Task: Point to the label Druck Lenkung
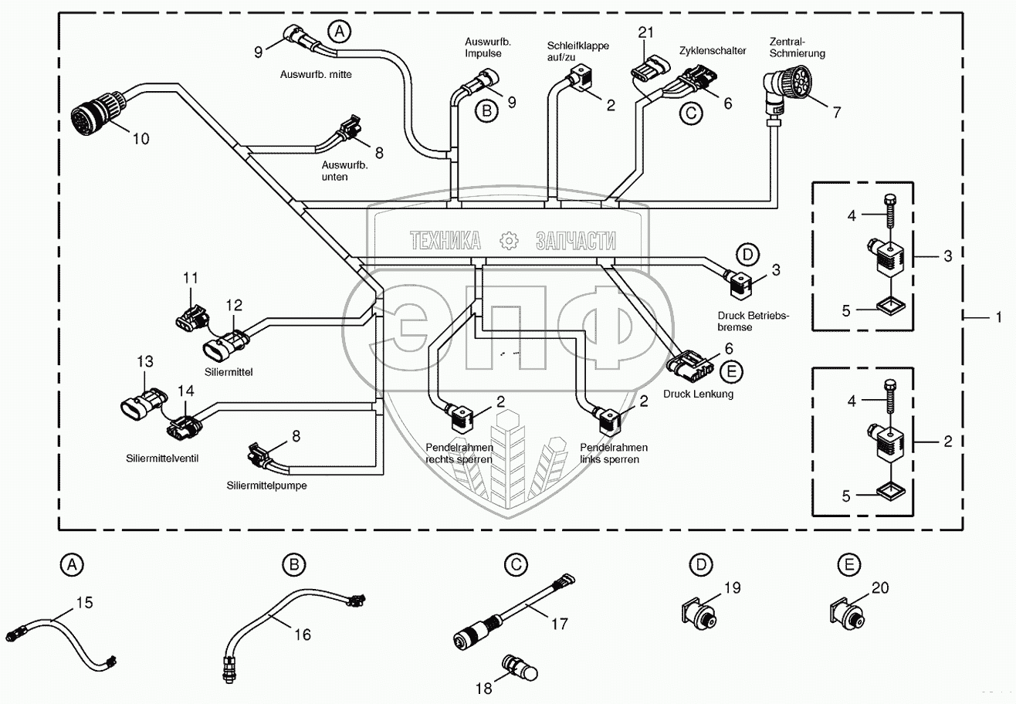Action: coord(698,394)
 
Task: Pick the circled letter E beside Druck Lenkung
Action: coord(730,371)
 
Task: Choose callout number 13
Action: coord(145,361)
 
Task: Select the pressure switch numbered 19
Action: coord(699,614)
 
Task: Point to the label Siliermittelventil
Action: coord(163,458)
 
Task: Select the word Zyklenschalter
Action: coord(713,50)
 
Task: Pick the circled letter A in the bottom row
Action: coord(72,566)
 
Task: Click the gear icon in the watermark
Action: coord(508,240)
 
